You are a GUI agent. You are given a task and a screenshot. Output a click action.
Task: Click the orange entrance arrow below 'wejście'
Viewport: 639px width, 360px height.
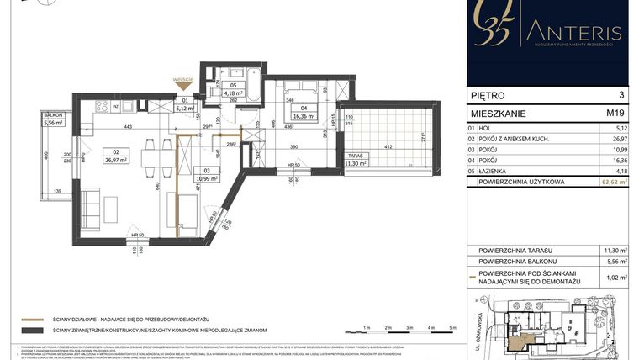(185, 84)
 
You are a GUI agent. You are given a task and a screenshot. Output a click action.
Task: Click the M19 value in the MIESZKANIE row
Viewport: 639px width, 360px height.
(615, 112)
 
